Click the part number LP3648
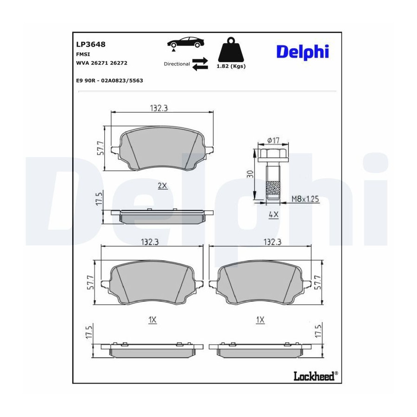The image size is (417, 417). [x=91, y=44]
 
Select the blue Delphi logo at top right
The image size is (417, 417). [x=303, y=52]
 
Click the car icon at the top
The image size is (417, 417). [x=186, y=43]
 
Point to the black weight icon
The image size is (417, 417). [x=231, y=50]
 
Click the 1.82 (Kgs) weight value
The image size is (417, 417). [x=231, y=66]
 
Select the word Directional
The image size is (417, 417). [x=177, y=64]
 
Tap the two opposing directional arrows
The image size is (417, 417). [x=200, y=64]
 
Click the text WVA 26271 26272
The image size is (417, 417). [x=101, y=63]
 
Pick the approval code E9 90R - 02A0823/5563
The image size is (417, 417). [x=109, y=80]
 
